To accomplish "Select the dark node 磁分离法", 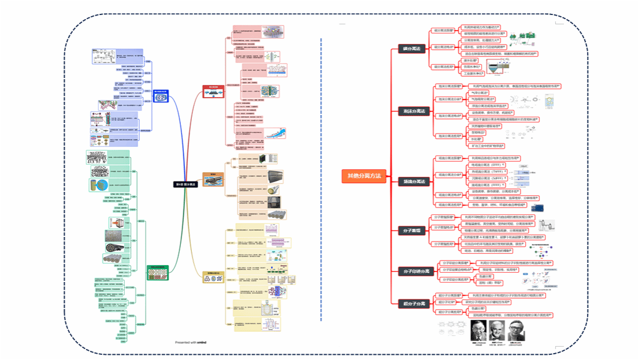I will tap(411, 49).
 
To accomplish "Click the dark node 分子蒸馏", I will tap(411, 230).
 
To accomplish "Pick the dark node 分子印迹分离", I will tap(414, 270).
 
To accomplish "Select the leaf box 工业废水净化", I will tap(474, 73).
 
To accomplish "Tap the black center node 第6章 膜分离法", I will tap(185, 184).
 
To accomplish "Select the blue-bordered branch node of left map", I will tap(157, 98).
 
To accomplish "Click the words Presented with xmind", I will tap(191, 343).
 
